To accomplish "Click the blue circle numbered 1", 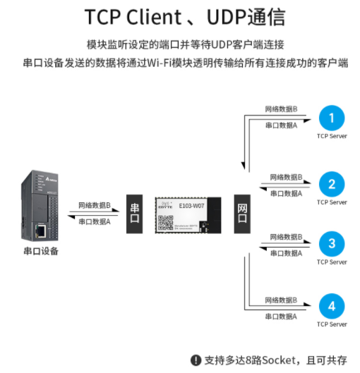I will click(331, 117).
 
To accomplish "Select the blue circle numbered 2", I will click(331, 185).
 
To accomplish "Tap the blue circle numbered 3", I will click(331, 245).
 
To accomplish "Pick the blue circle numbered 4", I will click(331, 307).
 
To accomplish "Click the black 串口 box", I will click(136, 213).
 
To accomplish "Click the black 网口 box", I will click(242, 213).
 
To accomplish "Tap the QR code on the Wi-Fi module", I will click(165, 222).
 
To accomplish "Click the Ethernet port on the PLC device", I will click(42, 230).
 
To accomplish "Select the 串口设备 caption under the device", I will click(41, 251).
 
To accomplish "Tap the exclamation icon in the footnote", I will click(196, 360).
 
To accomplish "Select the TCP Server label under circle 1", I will click(331, 135).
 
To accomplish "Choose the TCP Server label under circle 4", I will click(331, 325).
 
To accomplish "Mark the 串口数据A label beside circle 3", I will click(286, 252).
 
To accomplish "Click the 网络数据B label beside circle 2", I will click(286, 177).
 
